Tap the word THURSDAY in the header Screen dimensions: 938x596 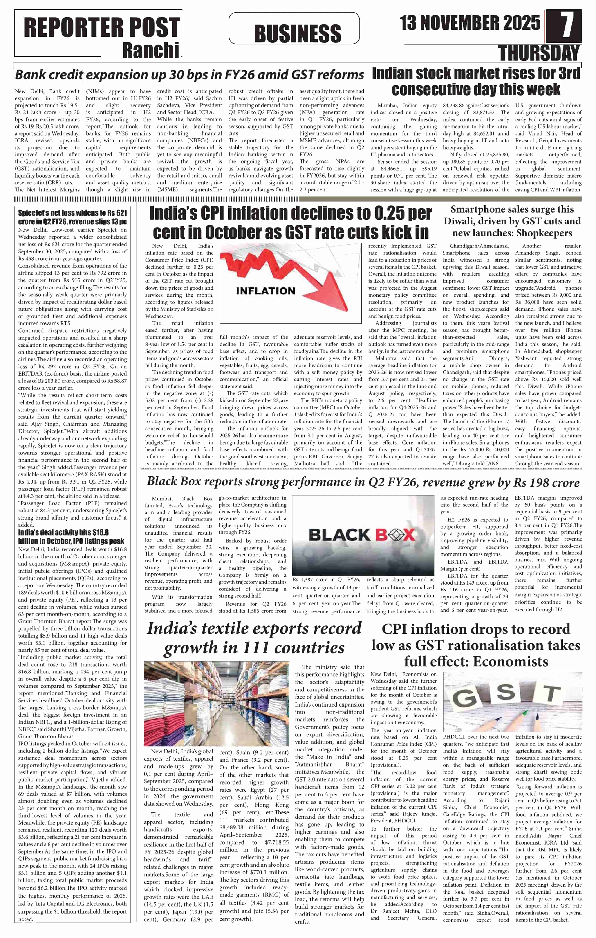click(540, 53)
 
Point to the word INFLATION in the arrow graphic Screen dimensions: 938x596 click(265, 291)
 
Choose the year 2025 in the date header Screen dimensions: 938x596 click(520, 23)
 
